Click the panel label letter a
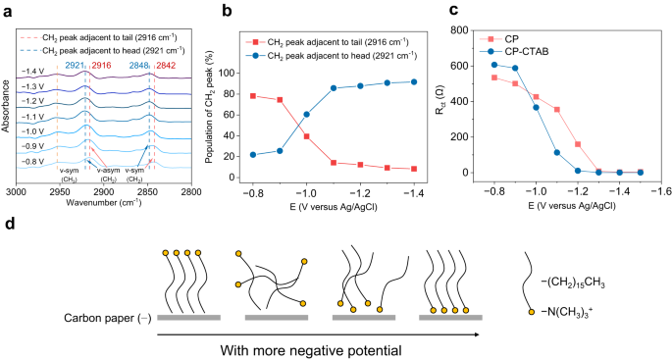[9, 11]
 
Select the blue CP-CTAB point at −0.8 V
[493, 65]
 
